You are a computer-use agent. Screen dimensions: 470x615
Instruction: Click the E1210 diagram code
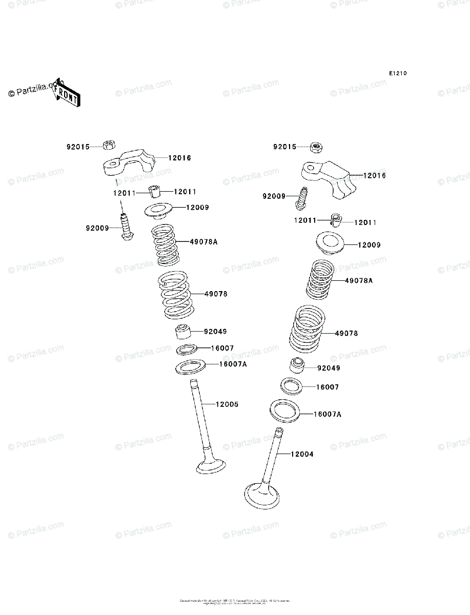[x=397, y=74]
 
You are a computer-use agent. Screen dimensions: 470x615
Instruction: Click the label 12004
[x=302, y=454]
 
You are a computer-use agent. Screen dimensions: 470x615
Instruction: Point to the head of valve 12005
[x=211, y=466]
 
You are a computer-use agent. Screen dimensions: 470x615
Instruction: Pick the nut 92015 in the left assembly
[x=109, y=145]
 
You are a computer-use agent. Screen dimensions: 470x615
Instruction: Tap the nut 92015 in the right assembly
[x=316, y=148]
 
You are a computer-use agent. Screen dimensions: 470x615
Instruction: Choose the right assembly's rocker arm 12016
[x=330, y=178]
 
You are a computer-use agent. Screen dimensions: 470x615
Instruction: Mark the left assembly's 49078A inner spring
[x=165, y=246]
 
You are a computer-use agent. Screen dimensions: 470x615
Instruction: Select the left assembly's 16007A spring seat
[x=191, y=367]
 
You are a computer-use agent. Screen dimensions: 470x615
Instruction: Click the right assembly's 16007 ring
[x=291, y=386]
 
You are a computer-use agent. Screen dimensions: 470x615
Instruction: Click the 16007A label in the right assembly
[x=327, y=414]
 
